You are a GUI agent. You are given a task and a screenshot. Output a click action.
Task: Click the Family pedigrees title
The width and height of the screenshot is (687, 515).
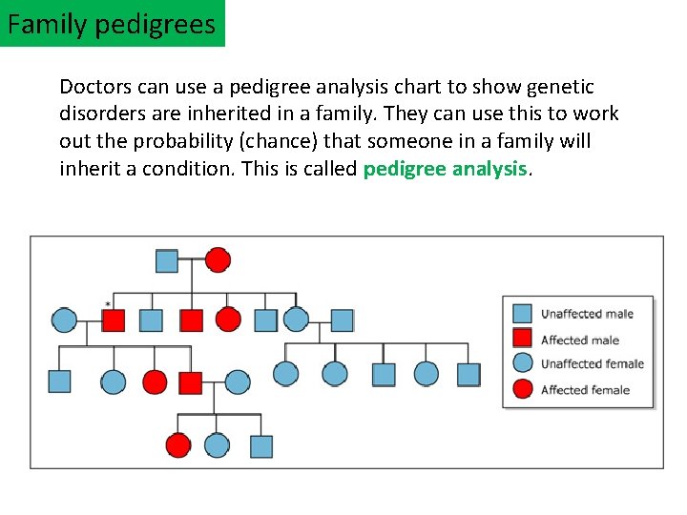[112, 23]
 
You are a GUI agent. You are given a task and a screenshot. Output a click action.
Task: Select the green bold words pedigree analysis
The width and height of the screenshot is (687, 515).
[445, 169]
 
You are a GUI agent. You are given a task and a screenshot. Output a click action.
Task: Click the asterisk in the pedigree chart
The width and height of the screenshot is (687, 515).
[108, 305]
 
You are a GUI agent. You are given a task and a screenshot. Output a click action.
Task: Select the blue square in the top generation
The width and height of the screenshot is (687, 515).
[166, 260]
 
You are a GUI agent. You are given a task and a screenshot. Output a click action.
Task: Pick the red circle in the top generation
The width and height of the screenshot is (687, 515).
[219, 259]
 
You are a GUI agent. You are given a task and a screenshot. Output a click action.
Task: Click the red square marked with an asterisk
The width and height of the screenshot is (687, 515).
[114, 320]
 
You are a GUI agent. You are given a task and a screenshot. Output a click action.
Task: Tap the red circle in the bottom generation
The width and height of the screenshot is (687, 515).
[178, 445]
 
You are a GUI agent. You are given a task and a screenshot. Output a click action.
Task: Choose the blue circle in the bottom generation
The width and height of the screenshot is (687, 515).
[218, 445]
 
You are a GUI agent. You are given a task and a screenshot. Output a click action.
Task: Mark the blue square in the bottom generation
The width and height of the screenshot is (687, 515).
[260, 446]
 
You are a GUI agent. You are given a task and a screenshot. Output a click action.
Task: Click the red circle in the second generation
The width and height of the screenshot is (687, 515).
[228, 319]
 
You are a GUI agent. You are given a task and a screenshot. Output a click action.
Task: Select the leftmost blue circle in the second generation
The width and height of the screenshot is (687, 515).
[64, 320]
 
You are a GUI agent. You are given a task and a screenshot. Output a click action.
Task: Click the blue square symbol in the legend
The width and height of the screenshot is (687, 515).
[522, 313]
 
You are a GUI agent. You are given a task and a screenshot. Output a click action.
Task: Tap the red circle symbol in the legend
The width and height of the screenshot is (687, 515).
[522, 388]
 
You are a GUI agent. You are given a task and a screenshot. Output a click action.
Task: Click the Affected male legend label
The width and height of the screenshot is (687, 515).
[579, 340]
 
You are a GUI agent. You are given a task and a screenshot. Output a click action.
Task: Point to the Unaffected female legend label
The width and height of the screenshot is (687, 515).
[592, 363]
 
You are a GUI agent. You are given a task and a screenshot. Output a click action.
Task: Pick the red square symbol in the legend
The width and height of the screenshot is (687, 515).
[522, 339]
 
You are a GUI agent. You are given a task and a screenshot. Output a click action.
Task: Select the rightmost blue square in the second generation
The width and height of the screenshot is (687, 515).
[342, 320]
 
